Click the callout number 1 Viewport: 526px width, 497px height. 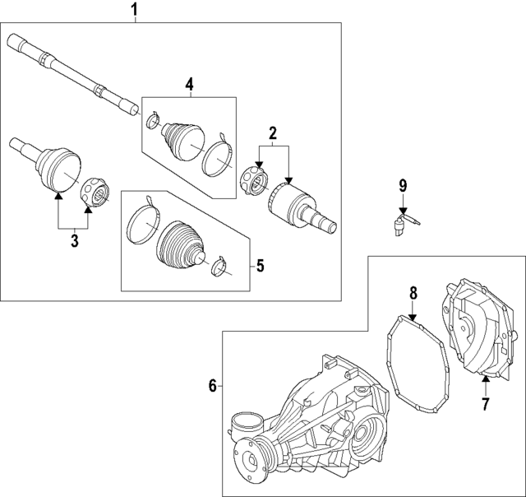134,11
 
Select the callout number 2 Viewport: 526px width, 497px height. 273,133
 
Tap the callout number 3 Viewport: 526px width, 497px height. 74,241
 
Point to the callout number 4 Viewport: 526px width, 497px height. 190,85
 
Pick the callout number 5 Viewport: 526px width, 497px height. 261,266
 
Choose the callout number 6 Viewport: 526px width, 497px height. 213,386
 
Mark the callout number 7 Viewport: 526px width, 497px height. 486,404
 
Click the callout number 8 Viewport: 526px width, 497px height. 413,293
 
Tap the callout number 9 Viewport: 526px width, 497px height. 403,186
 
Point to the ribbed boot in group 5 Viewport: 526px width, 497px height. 179,245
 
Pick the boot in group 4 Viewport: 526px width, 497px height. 183,140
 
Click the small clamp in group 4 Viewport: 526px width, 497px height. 154,120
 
